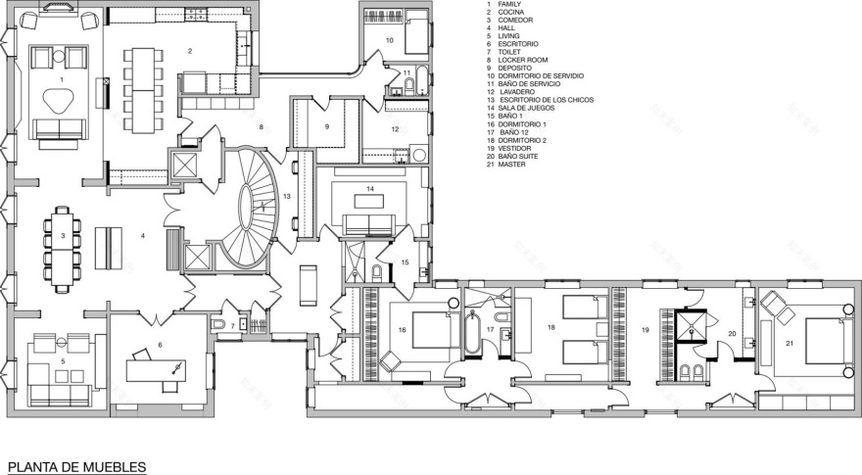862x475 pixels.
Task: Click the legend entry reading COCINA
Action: click(x=510, y=13)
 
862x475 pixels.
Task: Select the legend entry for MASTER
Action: click(x=510, y=166)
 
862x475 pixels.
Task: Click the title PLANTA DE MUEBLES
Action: click(x=76, y=466)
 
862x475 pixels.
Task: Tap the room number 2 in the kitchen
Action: click(x=190, y=49)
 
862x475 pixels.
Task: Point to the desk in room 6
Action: click(x=157, y=371)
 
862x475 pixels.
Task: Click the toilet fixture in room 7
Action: click(x=219, y=324)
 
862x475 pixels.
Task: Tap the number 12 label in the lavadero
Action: click(x=396, y=128)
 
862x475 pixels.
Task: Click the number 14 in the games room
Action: click(x=370, y=188)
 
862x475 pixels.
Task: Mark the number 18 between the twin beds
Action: click(x=551, y=327)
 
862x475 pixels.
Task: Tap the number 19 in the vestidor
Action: click(x=646, y=331)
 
